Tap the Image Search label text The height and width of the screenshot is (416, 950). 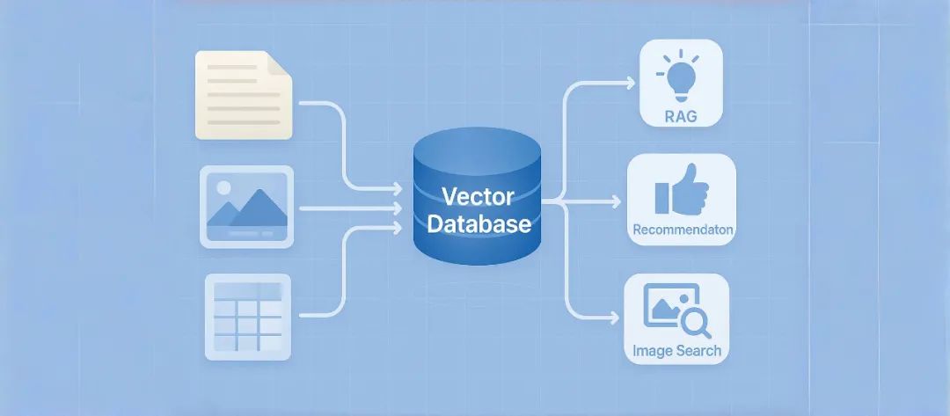coord(676,351)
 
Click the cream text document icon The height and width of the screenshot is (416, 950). coord(243,95)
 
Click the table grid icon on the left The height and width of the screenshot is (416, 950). coord(247,317)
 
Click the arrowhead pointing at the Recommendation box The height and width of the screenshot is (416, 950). coord(616,202)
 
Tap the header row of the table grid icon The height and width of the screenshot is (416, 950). coord(247,288)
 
